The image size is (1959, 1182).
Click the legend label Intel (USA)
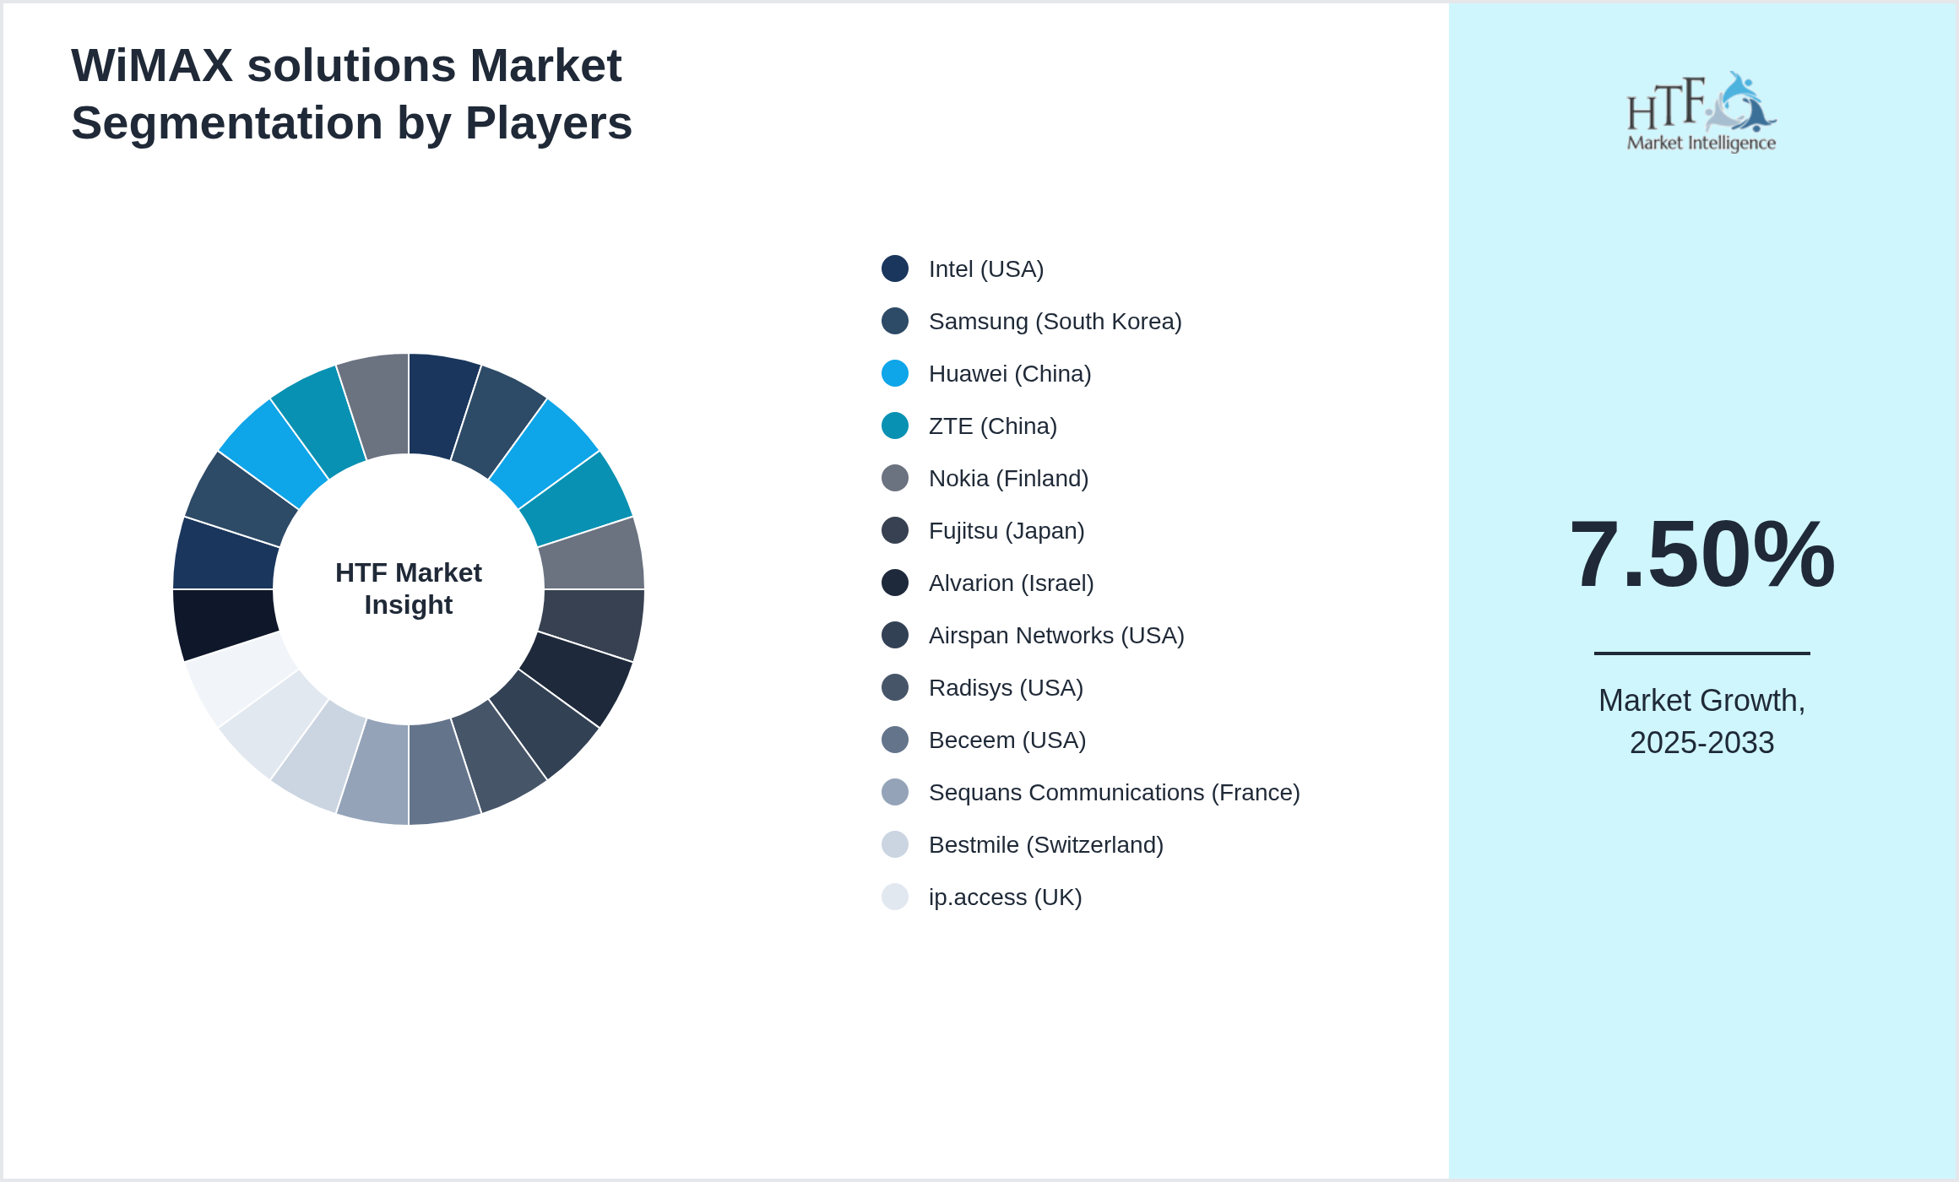coord(985,269)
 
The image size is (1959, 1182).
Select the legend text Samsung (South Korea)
coord(1055,322)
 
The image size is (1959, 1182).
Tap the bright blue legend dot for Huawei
coord(895,373)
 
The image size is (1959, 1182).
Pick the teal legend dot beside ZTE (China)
coord(895,426)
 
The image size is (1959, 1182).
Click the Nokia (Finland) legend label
coord(1008,479)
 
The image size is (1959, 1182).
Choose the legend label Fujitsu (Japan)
coord(1006,531)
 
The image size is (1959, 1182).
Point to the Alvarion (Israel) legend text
coord(1011,583)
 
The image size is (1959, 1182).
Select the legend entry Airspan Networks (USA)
coord(1055,636)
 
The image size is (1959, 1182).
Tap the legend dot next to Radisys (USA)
coord(895,687)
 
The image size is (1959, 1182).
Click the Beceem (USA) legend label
coord(1007,740)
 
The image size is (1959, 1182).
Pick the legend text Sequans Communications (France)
coord(1114,793)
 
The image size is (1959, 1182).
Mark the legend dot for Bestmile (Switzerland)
coord(895,844)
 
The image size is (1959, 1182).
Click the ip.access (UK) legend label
coord(1005,897)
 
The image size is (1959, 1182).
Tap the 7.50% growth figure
coord(1701,555)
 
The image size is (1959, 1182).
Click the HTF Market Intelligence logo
coord(1701,112)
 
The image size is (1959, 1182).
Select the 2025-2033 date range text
coord(1701,743)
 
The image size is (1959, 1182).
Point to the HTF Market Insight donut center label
coord(409,588)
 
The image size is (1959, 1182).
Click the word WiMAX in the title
coord(152,66)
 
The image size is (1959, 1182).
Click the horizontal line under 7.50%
coord(1701,653)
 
